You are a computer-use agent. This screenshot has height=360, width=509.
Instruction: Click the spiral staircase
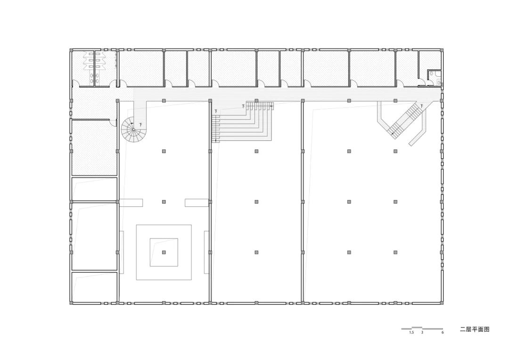pyautogui.click(x=134, y=131)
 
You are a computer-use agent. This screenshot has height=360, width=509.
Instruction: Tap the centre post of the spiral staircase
pyautogui.click(x=133, y=130)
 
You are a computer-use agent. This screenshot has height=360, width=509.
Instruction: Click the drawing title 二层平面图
pyautogui.click(x=475, y=329)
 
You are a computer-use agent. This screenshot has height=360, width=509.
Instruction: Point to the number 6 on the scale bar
pyautogui.click(x=442, y=333)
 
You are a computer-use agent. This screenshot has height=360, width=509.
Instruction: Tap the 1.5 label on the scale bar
pyautogui.click(x=411, y=333)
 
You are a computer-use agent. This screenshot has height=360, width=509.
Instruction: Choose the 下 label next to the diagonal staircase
pyautogui.click(x=422, y=105)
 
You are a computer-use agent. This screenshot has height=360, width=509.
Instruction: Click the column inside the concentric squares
pyautogui.click(x=164, y=253)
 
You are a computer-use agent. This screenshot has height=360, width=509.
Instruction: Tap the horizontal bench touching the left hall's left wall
pyautogui.click(x=131, y=203)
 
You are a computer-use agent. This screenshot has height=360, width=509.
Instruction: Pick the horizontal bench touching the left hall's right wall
pyautogui.click(x=197, y=203)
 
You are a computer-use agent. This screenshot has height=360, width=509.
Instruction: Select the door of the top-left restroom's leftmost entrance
pyautogui.click(x=75, y=84)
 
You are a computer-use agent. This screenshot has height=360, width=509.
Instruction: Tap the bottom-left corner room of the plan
pyautogui.click(x=94, y=286)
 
